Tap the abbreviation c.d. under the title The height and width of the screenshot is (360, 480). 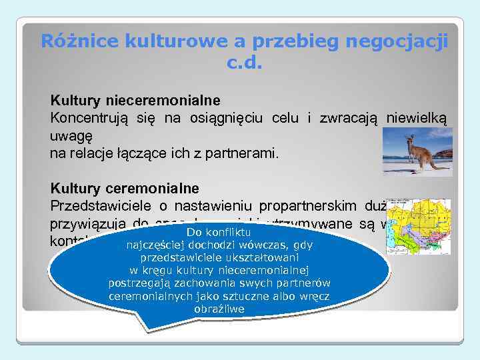245,64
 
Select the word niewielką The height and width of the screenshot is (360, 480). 417,118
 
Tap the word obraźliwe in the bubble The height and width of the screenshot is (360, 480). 219,309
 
